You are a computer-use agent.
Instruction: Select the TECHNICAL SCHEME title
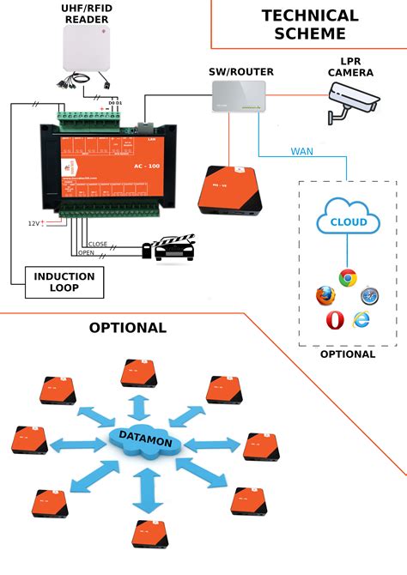[x=310, y=25]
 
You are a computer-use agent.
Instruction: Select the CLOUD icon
[x=343, y=222]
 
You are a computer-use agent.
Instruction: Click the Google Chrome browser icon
[x=347, y=277]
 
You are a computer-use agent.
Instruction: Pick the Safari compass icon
[x=370, y=296]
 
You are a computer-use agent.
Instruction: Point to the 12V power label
[x=33, y=224]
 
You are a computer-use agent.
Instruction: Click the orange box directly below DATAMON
[x=148, y=533]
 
